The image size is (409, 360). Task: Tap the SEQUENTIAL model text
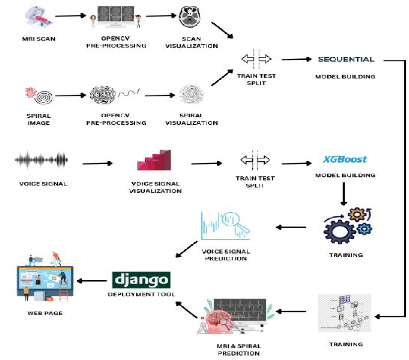346,59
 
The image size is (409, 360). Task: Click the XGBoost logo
345,160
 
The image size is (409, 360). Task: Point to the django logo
141,280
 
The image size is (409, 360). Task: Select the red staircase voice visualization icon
154,160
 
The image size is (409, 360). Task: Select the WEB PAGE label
45,313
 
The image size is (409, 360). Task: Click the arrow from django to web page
92,281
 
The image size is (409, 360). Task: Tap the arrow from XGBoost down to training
344,194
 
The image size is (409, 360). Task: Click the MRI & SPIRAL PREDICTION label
239,349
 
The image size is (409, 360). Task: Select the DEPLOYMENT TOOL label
141,294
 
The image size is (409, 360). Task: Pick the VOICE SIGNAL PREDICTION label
226,255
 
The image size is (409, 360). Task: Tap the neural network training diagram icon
345,313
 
